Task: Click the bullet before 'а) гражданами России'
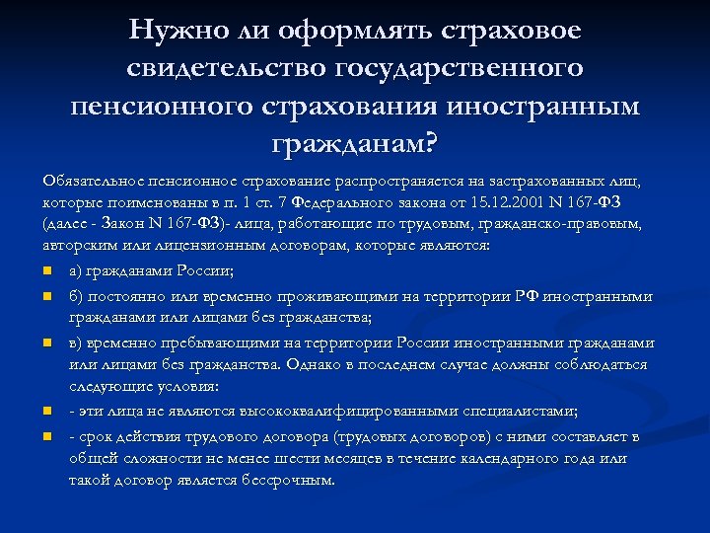click(47, 270)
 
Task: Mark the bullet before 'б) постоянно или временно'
click(47, 295)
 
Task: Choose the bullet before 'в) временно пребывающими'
click(47, 343)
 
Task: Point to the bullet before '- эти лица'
click(47, 412)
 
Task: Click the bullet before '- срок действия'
click(47, 435)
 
